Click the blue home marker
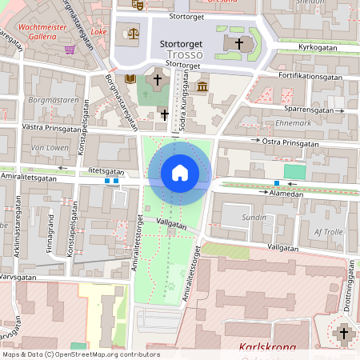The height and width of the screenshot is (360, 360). [180, 172]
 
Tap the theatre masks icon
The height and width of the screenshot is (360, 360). [138, 4]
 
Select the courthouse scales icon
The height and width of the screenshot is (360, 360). [132, 34]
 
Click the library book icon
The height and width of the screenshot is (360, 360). [130, 78]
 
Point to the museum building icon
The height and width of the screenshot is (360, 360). [202, 86]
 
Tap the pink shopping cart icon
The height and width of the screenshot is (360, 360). [70, 50]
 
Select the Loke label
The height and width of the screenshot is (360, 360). [99, 32]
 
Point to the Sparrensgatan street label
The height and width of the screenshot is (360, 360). [308, 108]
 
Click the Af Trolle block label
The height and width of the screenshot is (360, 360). [329, 231]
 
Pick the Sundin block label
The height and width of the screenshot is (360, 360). [254, 217]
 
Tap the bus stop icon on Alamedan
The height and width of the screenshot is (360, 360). [277, 185]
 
